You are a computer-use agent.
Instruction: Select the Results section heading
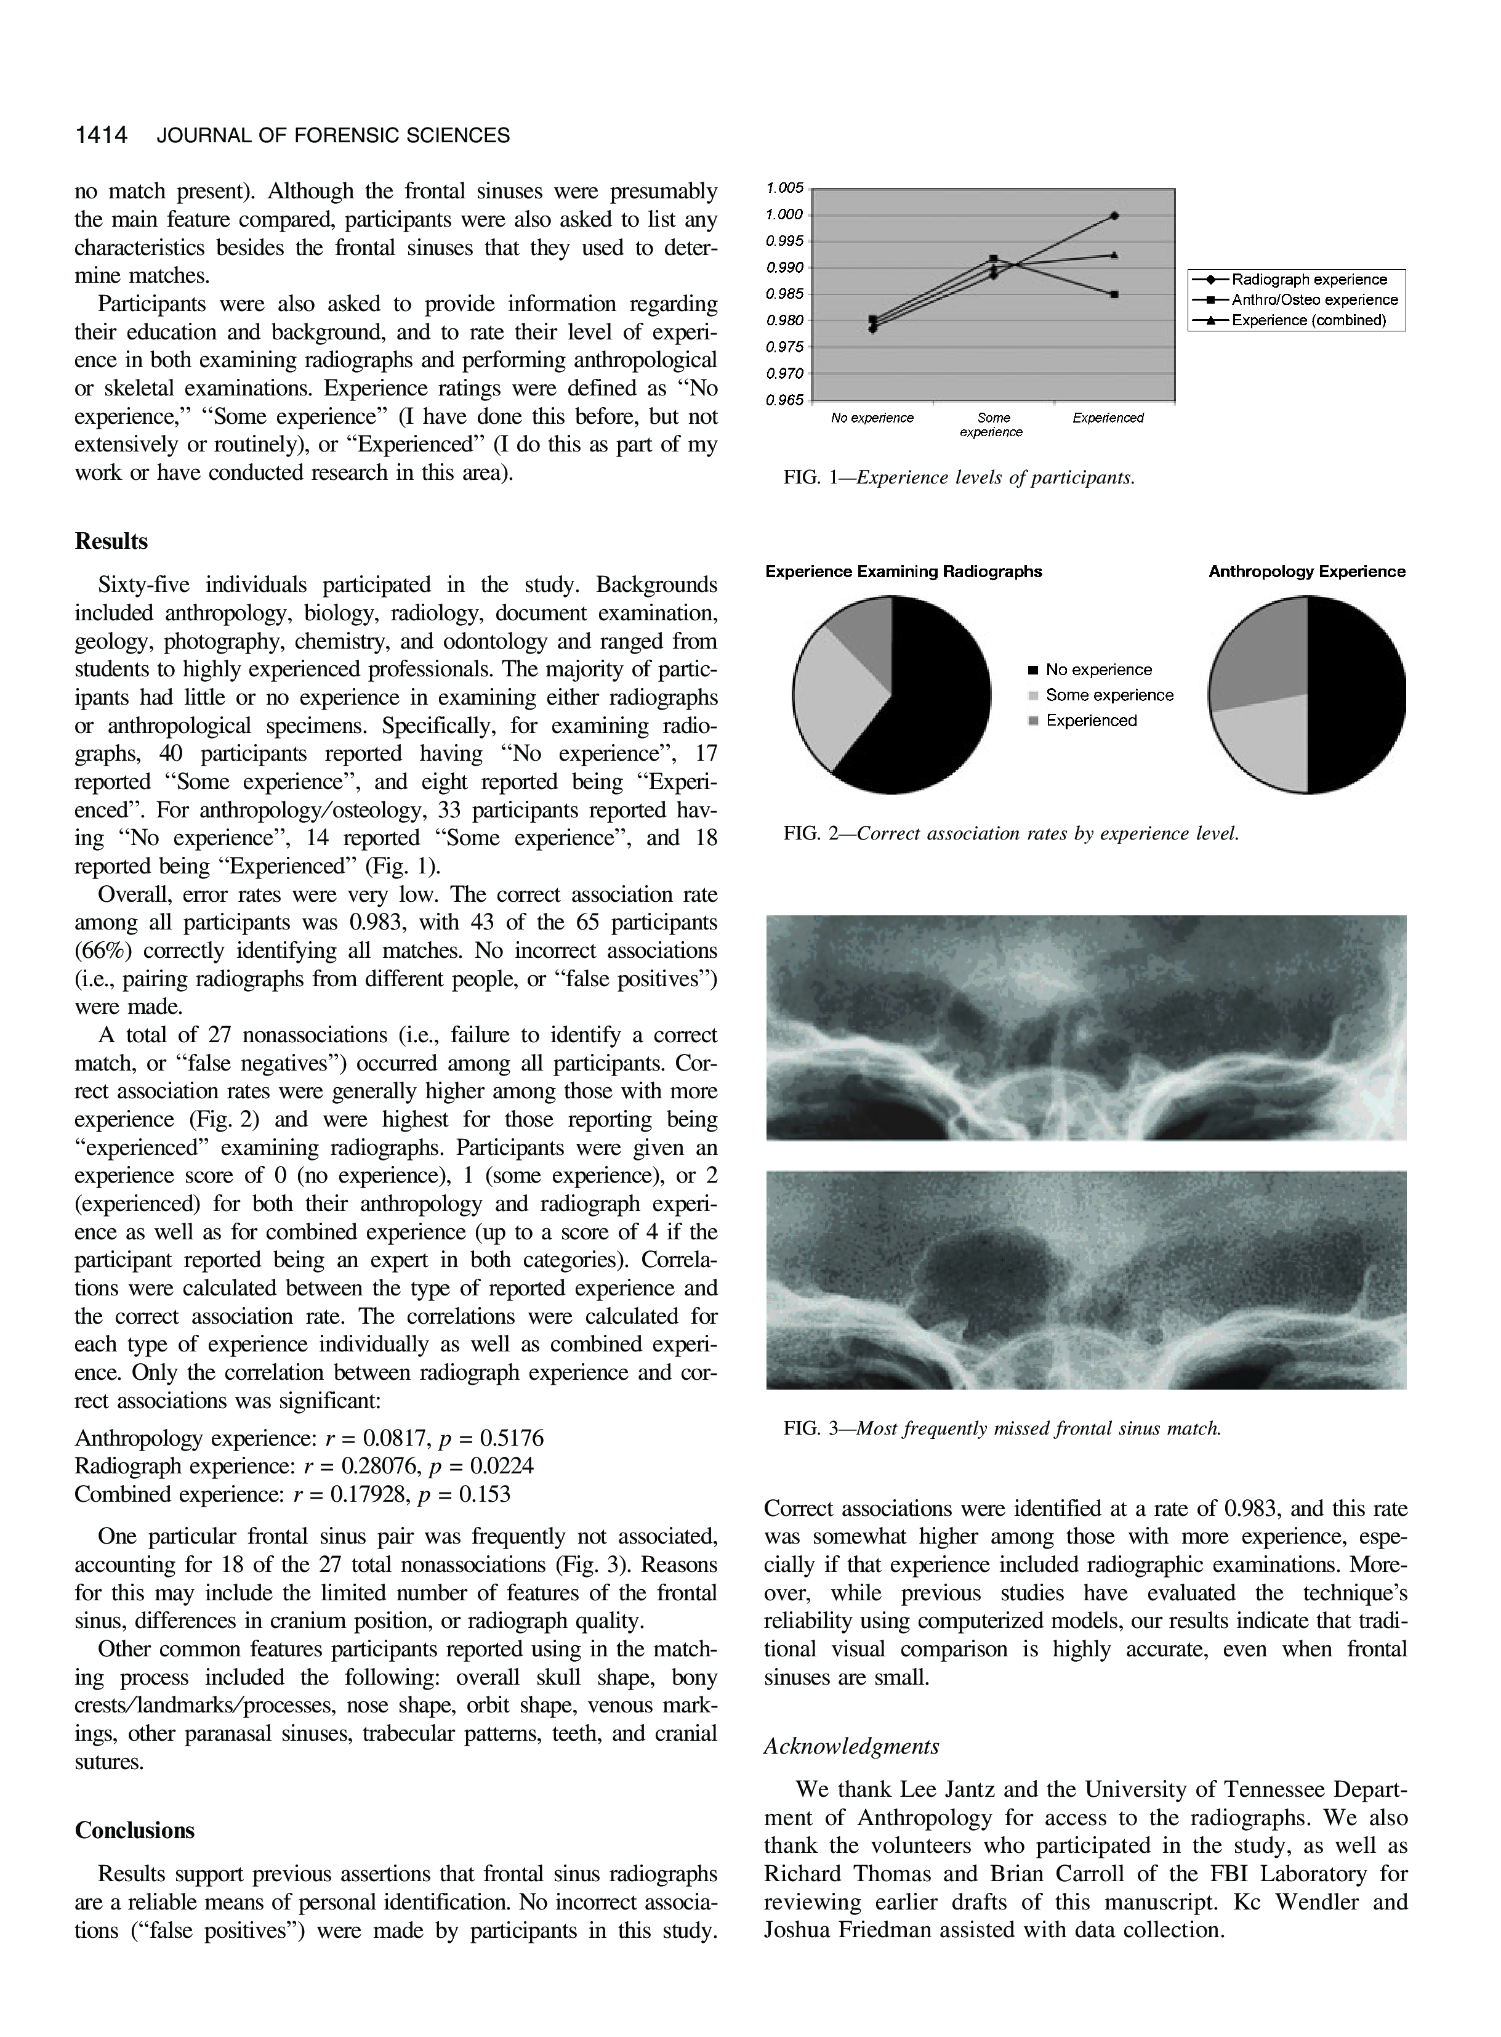pyautogui.click(x=111, y=542)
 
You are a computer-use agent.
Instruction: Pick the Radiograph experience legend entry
pyautogui.click(x=1308, y=280)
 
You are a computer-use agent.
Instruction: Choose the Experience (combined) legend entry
pyautogui.click(x=1308, y=320)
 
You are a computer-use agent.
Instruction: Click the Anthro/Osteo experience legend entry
pyautogui.click(x=1314, y=300)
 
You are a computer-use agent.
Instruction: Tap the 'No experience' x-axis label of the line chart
pyautogui.click(x=872, y=418)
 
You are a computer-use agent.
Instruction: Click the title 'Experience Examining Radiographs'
pyautogui.click(x=903, y=572)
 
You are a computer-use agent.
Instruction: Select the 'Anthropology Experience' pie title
pyautogui.click(x=1306, y=572)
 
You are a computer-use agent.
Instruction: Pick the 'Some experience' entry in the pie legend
pyautogui.click(x=1108, y=695)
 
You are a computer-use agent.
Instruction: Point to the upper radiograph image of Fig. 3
pyautogui.click(x=1086, y=1027)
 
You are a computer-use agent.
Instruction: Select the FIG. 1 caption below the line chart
pyautogui.click(x=959, y=477)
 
